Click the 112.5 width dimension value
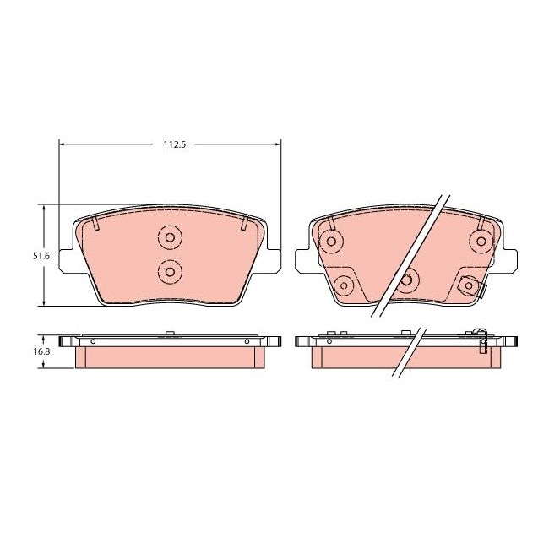tap(173, 144)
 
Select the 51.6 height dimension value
tap(30, 255)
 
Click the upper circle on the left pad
tap(169, 239)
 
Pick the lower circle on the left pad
tap(169, 271)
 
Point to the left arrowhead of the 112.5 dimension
tap(63, 144)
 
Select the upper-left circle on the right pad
tap(330, 242)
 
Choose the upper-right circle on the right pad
tap(481, 242)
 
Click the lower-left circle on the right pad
tap(344, 285)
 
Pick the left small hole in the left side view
tap(93, 341)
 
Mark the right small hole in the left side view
tap(247, 341)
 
